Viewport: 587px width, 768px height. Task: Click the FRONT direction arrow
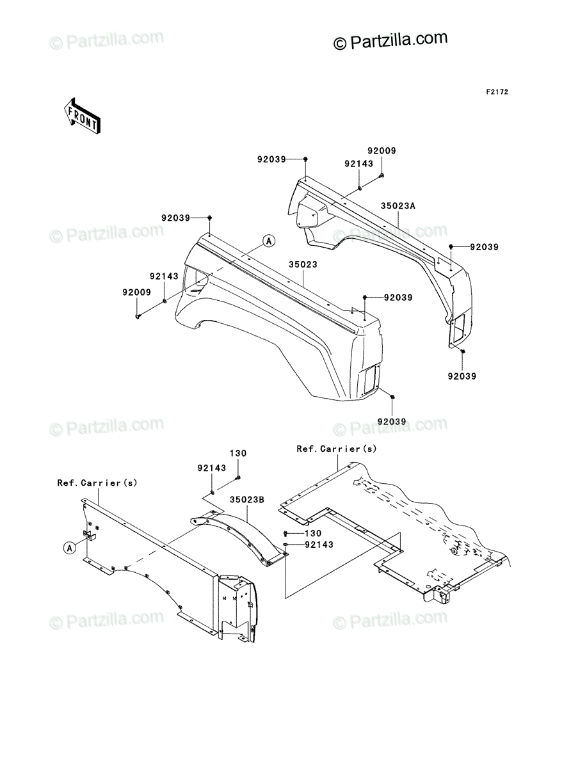pyautogui.click(x=83, y=116)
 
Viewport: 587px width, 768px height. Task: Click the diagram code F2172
pyautogui.click(x=497, y=92)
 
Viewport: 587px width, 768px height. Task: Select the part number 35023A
pyautogui.click(x=398, y=206)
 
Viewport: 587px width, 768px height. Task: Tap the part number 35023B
pyautogui.click(x=247, y=500)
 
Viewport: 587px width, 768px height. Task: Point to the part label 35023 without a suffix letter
pyautogui.click(x=303, y=264)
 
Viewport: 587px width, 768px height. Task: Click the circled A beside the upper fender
pyautogui.click(x=269, y=241)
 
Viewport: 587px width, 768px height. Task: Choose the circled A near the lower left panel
pyautogui.click(x=70, y=548)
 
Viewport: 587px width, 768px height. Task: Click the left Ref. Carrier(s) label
pyautogui.click(x=97, y=483)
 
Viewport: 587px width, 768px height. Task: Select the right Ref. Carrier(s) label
pyautogui.click(x=337, y=449)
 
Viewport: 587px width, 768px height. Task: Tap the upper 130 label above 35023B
pyautogui.click(x=238, y=453)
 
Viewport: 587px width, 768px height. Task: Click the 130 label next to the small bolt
pyautogui.click(x=313, y=533)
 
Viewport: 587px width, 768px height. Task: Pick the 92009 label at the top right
pyautogui.click(x=382, y=151)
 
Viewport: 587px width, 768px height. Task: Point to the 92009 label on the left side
pyautogui.click(x=137, y=292)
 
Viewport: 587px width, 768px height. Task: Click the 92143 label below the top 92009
pyautogui.click(x=359, y=164)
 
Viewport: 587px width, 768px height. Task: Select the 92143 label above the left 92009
pyautogui.click(x=164, y=276)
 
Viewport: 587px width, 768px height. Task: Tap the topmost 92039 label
pyautogui.click(x=272, y=159)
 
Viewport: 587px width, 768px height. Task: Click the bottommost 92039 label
pyautogui.click(x=392, y=422)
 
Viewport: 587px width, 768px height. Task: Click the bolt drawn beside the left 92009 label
pyautogui.click(x=138, y=317)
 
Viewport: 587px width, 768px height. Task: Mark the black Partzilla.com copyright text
pyautogui.click(x=390, y=40)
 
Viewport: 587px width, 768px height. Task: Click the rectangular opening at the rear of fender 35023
pyautogui.click(x=371, y=379)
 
